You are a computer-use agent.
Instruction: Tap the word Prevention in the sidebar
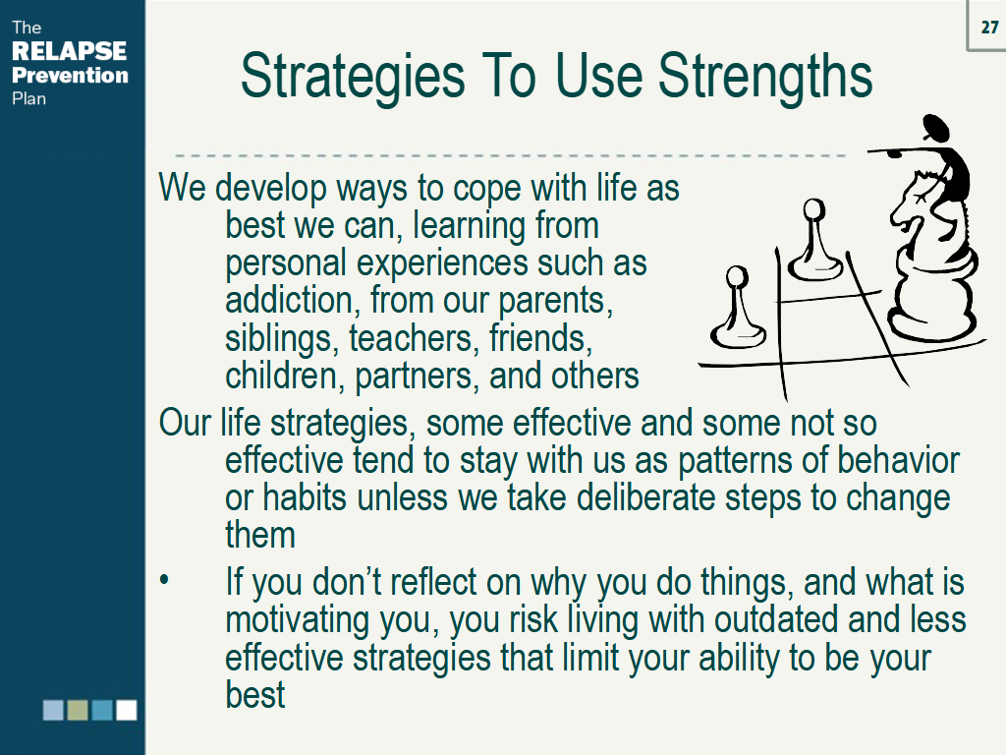click(x=70, y=75)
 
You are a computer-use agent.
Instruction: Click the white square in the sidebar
click(x=126, y=710)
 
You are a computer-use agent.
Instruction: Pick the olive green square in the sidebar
click(x=78, y=710)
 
